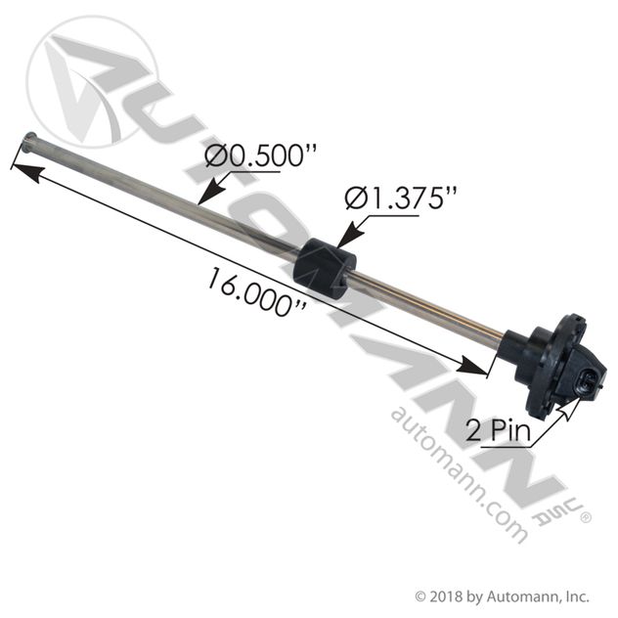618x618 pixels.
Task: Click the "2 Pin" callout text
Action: click(498, 430)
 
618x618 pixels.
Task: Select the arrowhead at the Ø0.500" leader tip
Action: click(208, 195)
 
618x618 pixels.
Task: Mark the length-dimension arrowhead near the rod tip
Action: click(26, 173)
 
